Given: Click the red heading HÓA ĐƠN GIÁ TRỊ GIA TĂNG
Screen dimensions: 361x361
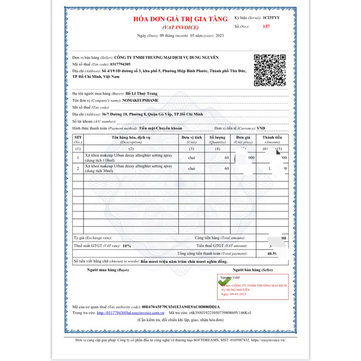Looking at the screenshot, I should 180,19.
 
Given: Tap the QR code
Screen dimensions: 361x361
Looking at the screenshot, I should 269,70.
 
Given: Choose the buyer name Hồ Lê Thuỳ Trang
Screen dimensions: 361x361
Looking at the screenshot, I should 142,93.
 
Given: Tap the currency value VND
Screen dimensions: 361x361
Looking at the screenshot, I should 261,128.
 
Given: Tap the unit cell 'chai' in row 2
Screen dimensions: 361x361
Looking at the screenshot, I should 191,169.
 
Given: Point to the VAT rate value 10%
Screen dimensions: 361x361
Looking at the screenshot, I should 126,246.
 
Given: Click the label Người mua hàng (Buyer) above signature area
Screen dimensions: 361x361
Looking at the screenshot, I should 101,270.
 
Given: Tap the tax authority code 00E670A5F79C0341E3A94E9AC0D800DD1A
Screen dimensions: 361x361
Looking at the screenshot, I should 180,306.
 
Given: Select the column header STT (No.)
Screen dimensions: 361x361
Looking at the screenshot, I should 78,139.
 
